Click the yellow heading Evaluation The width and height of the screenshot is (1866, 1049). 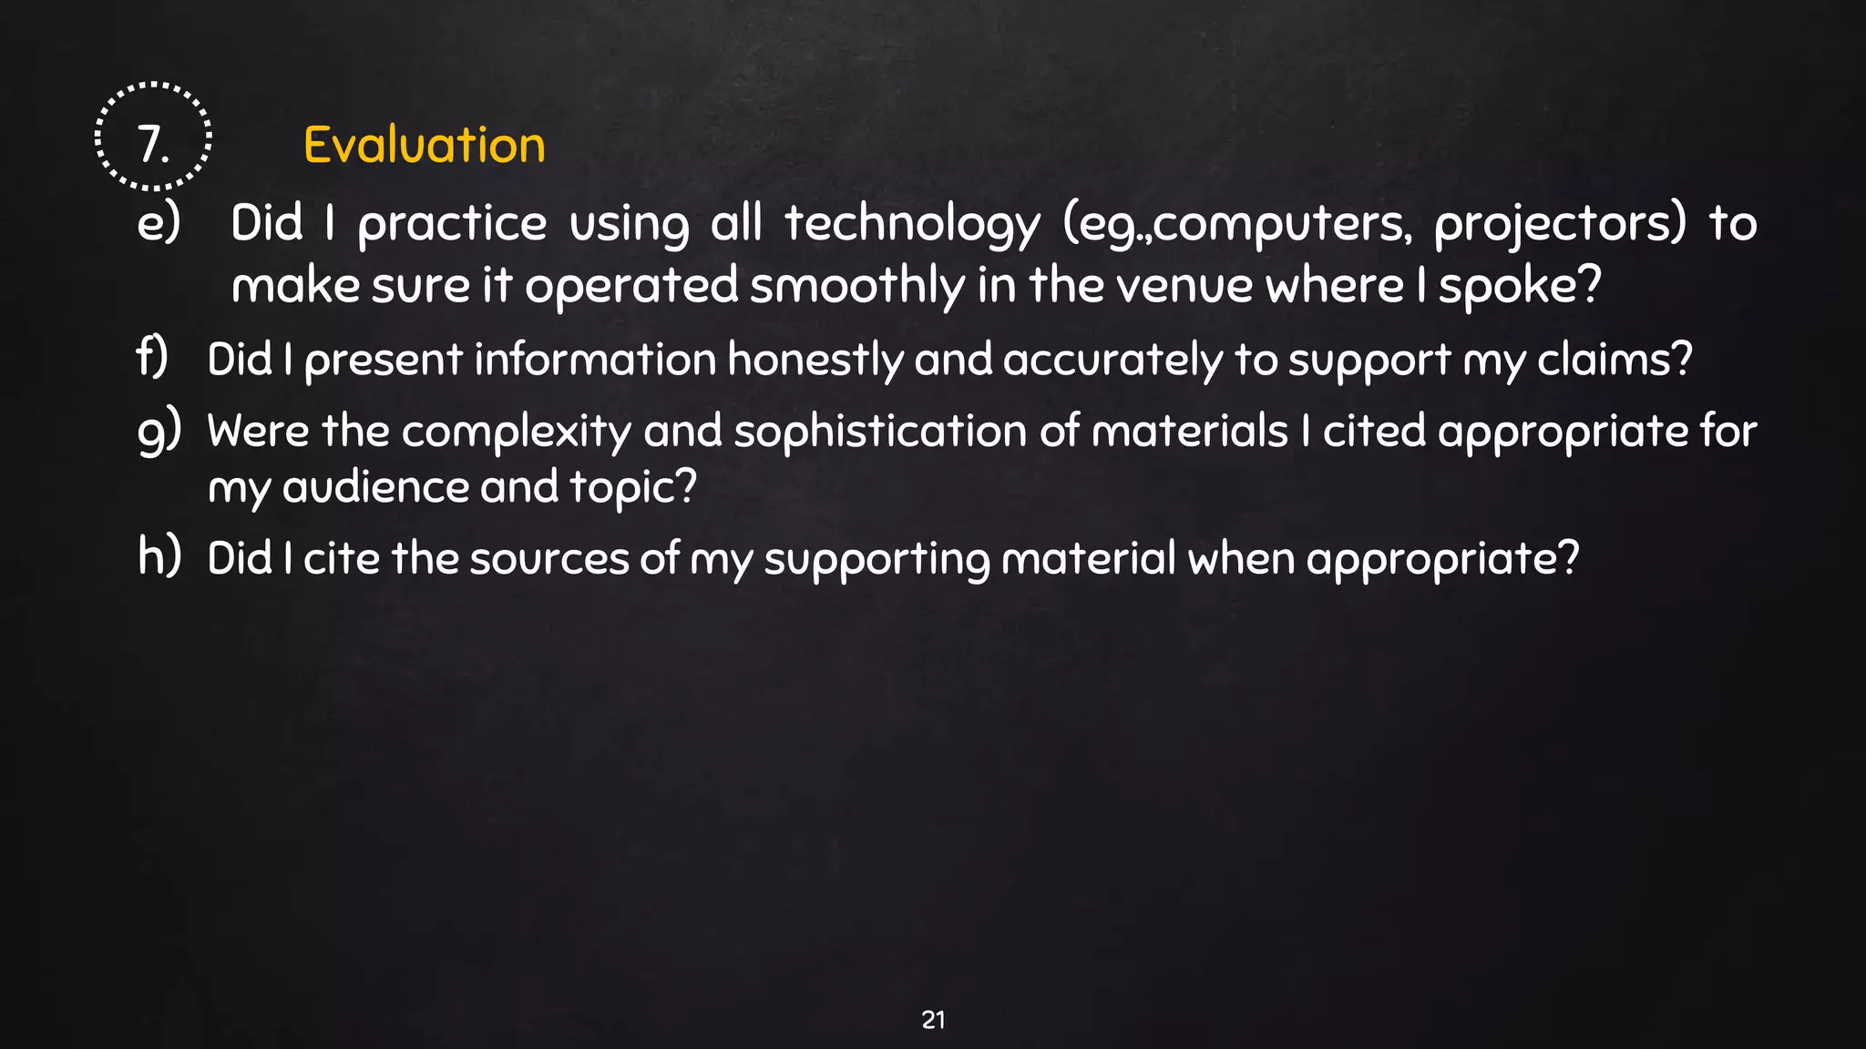424,146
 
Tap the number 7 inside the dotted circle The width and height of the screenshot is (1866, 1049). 152,145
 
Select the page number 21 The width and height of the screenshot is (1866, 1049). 933,1020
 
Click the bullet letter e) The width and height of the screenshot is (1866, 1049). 159,222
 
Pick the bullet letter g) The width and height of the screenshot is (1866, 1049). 159,431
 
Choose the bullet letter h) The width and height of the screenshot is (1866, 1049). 159,556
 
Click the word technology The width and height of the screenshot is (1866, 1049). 912,224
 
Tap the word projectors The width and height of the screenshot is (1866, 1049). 1559,224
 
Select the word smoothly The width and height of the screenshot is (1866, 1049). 856,286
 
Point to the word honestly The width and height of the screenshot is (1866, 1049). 815,359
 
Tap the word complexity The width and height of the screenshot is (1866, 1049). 517,432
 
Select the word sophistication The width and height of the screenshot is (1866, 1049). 880,432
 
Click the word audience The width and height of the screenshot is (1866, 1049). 375,487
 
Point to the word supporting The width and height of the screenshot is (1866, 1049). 877,560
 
